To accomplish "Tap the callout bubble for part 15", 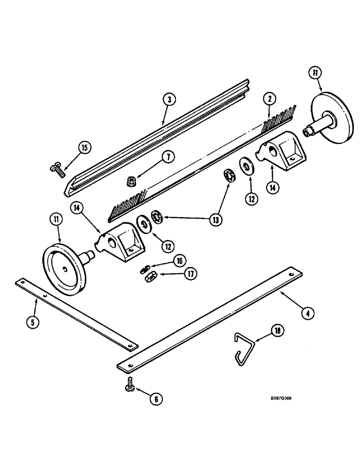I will (85, 149).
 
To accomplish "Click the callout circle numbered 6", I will (157, 398).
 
